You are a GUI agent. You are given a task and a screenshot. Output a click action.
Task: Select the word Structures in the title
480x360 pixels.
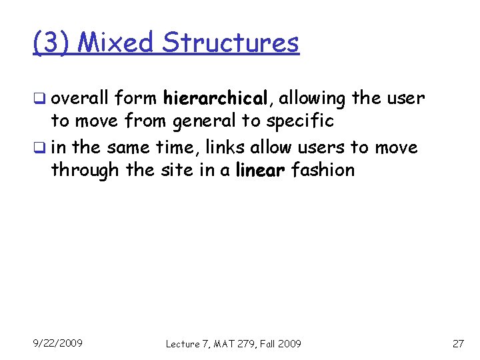coord(231,43)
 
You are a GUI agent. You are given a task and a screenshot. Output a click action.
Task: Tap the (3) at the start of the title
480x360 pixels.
coord(53,43)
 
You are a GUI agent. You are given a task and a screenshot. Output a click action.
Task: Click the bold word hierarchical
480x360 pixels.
coord(215,99)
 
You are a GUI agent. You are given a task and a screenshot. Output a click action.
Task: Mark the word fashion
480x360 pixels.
coord(323,170)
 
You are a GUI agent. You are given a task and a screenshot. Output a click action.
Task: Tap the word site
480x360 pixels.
coord(176,170)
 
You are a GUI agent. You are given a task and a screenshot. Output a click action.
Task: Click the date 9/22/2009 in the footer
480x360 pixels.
coord(58,343)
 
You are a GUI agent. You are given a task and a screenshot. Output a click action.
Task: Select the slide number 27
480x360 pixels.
coord(457,343)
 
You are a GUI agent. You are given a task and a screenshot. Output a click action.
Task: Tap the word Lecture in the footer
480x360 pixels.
coord(182,343)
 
